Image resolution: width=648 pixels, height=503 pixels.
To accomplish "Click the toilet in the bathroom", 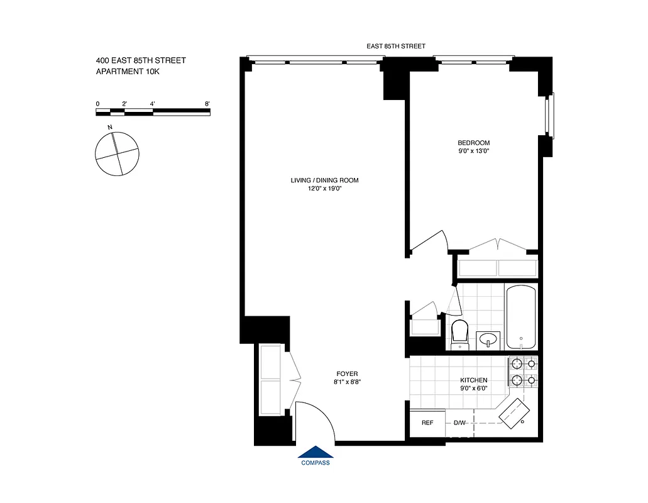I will (x=460, y=331).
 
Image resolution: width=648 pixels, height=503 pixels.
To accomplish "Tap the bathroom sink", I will (x=488, y=340).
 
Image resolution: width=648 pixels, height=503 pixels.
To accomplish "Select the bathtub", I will (x=520, y=317).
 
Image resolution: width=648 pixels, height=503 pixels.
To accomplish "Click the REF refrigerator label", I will (x=427, y=423).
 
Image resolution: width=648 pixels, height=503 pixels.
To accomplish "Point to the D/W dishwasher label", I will (x=459, y=423).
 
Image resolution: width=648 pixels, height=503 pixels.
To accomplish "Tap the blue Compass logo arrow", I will (x=316, y=453).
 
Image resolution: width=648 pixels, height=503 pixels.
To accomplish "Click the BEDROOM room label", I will (x=473, y=143).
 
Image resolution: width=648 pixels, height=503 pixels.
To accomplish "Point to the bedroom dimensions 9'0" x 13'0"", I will (x=473, y=151).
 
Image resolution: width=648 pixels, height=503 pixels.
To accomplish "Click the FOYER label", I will (x=347, y=373).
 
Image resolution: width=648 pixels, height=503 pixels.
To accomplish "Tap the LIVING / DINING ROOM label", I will (x=324, y=180).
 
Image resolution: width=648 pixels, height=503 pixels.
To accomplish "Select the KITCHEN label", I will (x=473, y=380).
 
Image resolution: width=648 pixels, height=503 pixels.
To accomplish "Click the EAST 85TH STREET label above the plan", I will (x=396, y=46).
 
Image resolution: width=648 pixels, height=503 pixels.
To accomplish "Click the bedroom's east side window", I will (x=551, y=115).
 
